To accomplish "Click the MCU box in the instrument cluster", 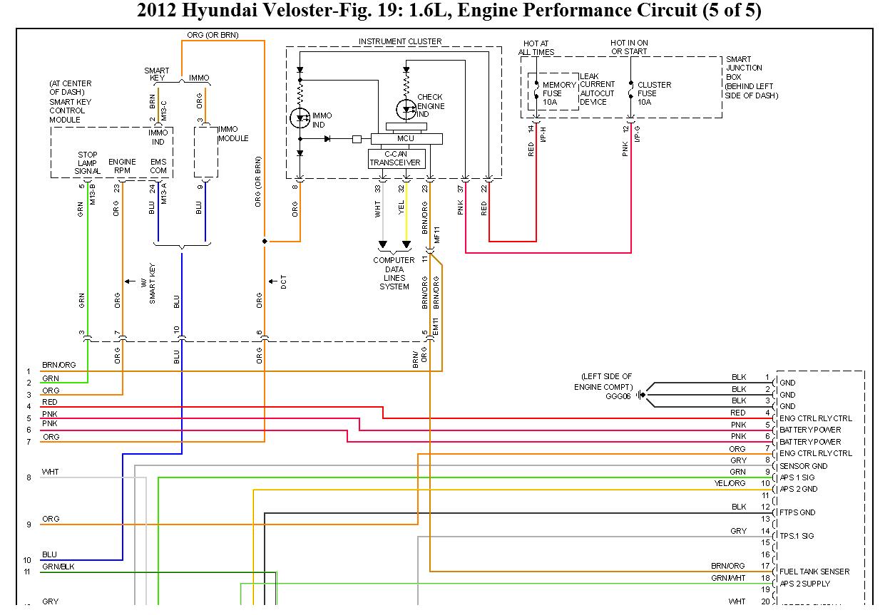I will [x=406, y=138].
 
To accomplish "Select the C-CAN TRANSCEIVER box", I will [x=397, y=158].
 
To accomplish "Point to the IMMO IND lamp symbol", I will [x=300, y=118].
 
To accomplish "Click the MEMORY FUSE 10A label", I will [x=558, y=93].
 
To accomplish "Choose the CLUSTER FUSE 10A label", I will [x=654, y=93].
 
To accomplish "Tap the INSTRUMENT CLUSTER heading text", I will [x=399, y=41].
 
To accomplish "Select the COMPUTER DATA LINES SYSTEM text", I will [x=394, y=274].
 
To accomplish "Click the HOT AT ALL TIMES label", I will [x=536, y=48].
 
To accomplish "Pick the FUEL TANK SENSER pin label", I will [x=814, y=572].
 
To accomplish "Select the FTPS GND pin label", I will [x=797, y=512].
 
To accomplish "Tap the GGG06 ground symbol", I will [x=640, y=395].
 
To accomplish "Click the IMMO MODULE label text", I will [x=233, y=133].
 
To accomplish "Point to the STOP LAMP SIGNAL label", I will [x=88, y=163].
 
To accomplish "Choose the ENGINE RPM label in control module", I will [x=122, y=167].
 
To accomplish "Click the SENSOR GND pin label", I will [x=804, y=466].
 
